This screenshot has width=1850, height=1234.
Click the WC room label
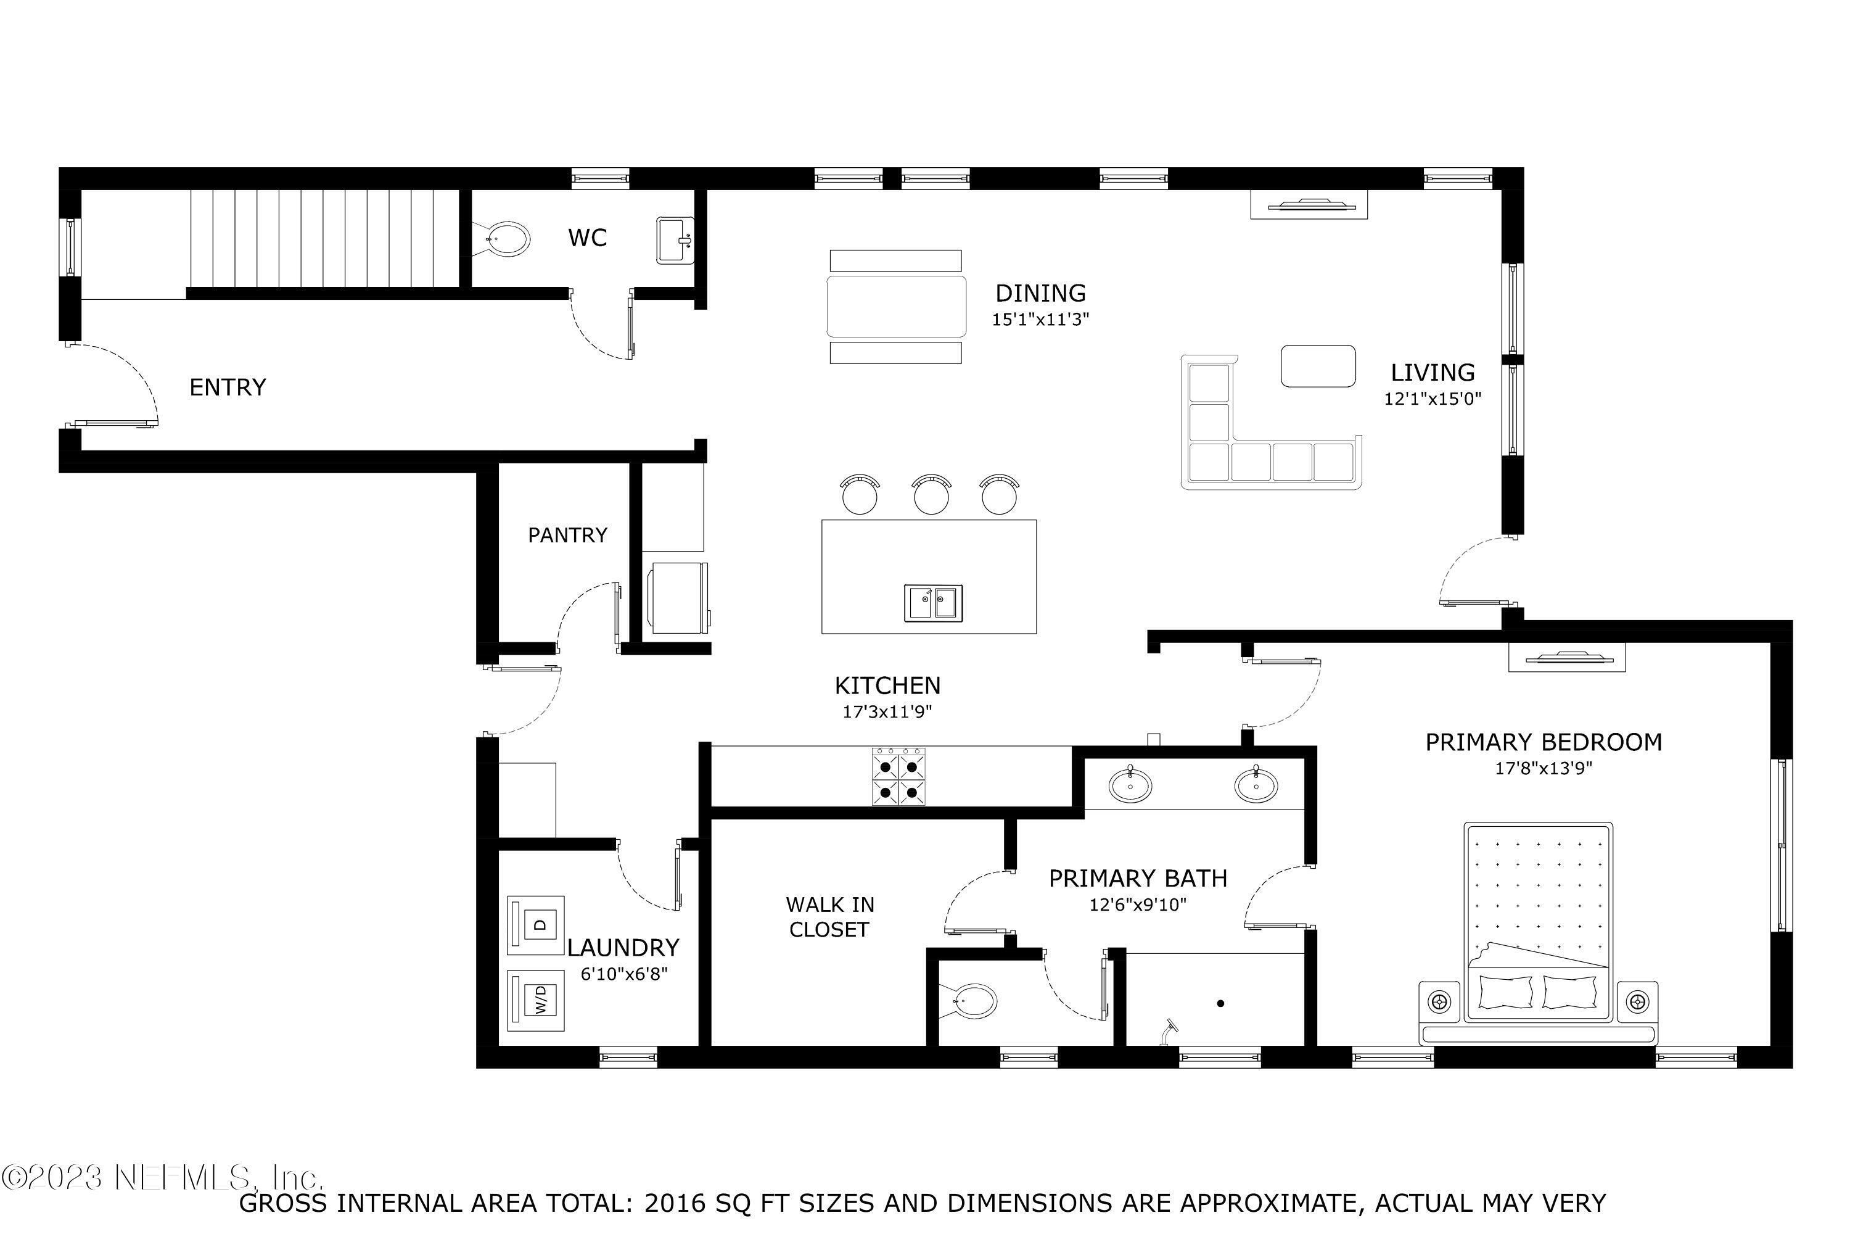(x=587, y=238)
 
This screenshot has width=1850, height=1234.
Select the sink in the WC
(x=675, y=240)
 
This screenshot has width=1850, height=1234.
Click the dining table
(x=896, y=306)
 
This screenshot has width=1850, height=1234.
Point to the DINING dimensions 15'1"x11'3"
(x=1040, y=320)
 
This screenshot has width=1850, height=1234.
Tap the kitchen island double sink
(x=933, y=603)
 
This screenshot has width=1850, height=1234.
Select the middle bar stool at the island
(x=931, y=496)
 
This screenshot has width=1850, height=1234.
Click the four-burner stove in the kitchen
(x=898, y=777)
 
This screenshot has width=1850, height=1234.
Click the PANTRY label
(x=567, y=535)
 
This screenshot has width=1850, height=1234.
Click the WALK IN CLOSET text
(x=829, y=917)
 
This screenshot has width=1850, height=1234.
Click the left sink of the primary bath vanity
(x=1130, y=786)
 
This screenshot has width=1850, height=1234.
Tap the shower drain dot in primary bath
(x=1220, y=1003)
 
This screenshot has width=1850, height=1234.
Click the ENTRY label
(x=228, y=387)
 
